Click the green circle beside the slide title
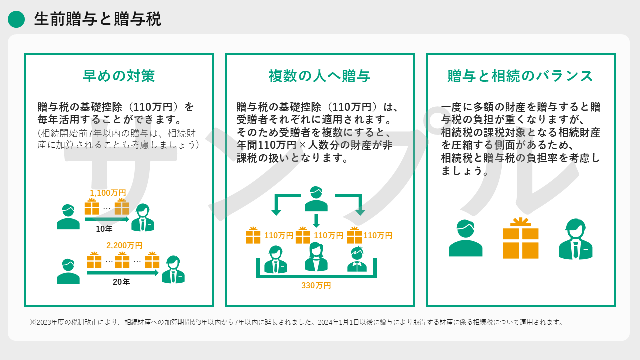pos(16,19)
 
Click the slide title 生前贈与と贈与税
pos(97,19)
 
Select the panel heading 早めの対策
pos(119,76)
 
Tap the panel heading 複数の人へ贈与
pos(319,76)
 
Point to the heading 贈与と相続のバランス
pos(520,76)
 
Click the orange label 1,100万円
pos(108,193)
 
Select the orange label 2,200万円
pos(124,245)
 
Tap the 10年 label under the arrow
pos(104,229)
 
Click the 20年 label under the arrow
pos(121,282)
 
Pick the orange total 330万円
pos(316,285)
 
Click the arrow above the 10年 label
pos(107,219)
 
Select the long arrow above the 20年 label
pos(123,273)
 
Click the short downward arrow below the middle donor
pos(316,221)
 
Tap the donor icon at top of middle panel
pos(316,199)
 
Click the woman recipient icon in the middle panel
pos(316,257)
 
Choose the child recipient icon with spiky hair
pos(357,259)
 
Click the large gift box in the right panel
pos(521,238)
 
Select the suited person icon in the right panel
pos(575,239)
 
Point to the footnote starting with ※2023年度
pos(297,322)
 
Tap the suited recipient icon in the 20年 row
pos(173,269)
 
